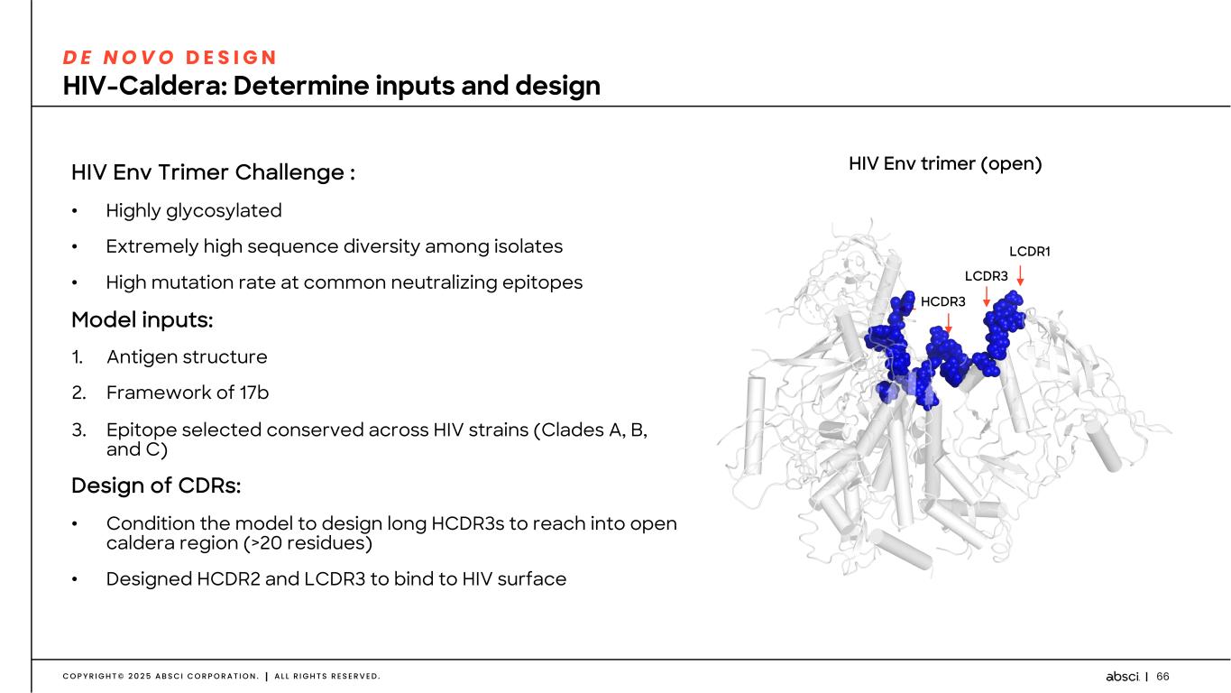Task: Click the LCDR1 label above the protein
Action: [1029, 252]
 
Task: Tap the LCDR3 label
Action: [986, 275]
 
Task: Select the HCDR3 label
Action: [942, 301]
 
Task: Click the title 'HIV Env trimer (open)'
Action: [945, 164]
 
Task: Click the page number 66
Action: [1162, 677]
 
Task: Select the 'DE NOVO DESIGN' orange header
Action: [170, 57]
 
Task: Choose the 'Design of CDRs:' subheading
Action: [156, 485]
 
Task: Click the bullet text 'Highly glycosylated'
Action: [194, 210]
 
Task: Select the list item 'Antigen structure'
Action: [187, 356]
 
